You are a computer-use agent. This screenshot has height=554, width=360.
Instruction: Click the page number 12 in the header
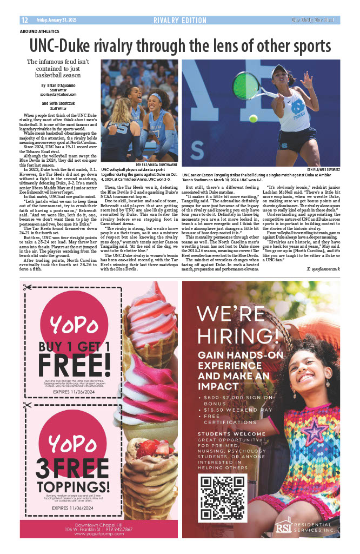24,21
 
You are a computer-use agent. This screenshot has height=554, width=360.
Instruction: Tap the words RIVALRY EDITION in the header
179,21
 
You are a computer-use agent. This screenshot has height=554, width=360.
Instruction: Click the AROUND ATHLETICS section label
39,31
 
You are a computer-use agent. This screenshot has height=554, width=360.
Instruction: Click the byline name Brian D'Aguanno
58,86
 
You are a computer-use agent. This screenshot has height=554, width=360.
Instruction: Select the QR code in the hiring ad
223,497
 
